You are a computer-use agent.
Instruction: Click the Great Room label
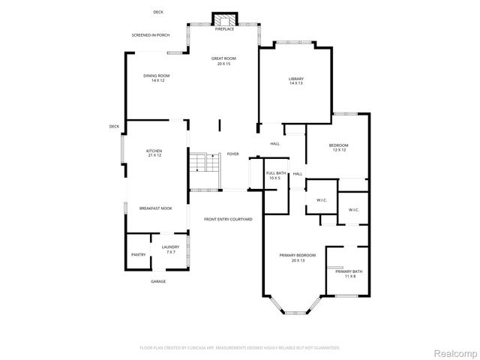[x=223, y=61]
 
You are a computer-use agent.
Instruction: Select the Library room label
[x=296, y=80]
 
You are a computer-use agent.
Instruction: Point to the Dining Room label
[x=157, y=77]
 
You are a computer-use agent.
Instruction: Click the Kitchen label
[x=154, y=153]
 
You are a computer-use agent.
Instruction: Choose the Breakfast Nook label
[x=156, y=208]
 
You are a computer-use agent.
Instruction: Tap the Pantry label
[x=139, y=254]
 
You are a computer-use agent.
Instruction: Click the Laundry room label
[x=170, y=249]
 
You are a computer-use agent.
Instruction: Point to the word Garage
[x=158, y=281]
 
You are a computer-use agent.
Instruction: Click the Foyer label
[x=233, y=154]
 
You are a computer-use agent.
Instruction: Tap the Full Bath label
[x=275, y=175]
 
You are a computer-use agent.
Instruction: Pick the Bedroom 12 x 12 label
[x=339, y=147]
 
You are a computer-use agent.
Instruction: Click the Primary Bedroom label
[x=298, y=257]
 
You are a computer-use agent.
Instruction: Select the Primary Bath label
[x=349, y=273]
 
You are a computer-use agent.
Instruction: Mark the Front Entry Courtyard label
[x=228, y=219]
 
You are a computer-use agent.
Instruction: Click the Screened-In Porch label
[x=150, y=35]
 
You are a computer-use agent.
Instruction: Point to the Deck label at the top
[x=158, y=12]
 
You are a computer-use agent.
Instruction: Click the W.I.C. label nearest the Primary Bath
[x=354, y=209]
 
